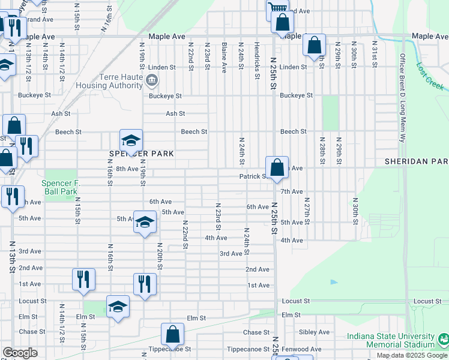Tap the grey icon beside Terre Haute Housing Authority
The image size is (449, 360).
coord(151,79)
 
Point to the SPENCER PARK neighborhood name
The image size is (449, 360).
coord(142,154)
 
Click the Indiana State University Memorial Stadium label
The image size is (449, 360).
coord(394,340)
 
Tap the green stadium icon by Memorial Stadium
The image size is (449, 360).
coord(444,340)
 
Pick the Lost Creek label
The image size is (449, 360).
coord(430,77)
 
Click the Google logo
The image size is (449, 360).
coord(20,353)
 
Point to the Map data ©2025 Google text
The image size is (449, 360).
coord(412,355)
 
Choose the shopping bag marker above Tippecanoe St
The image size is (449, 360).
coord(172,334)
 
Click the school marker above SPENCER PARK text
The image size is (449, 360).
coord(131,140)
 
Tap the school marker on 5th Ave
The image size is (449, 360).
coord(144,221)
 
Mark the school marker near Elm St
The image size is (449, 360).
coord(118,307)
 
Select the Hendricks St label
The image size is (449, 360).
coord(256,54)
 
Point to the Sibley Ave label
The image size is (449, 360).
coord(315,332)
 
